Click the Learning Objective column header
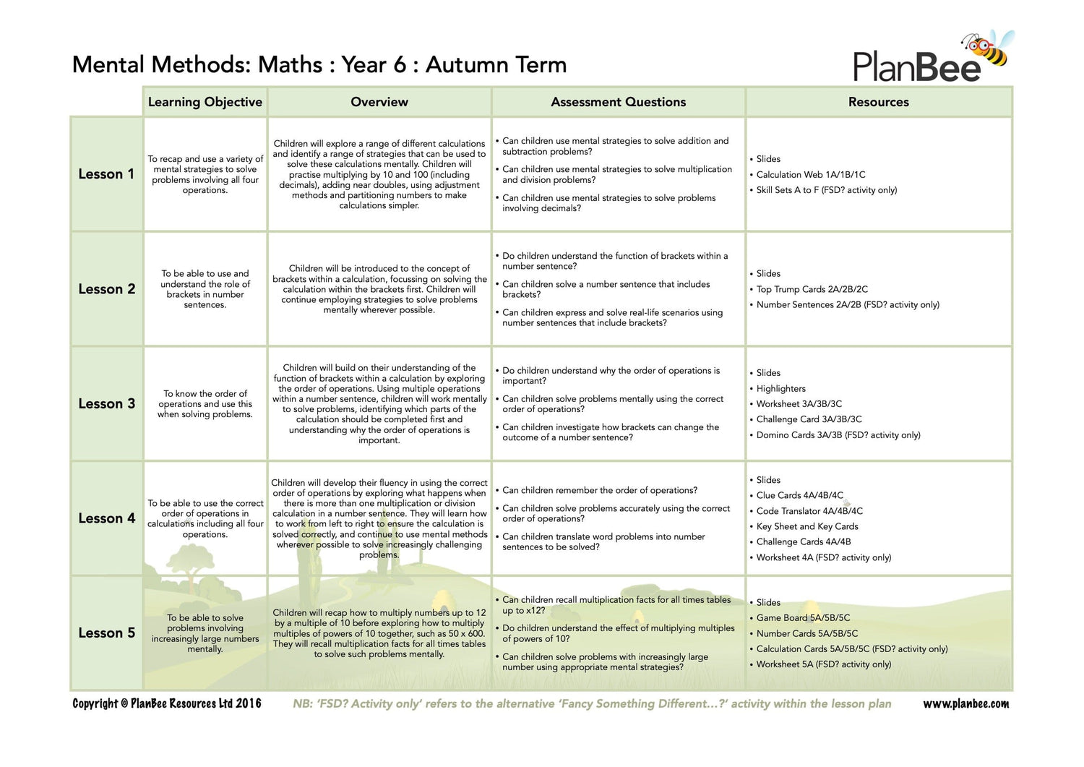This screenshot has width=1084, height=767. [205, 102]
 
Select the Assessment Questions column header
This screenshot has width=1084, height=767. [618, 102]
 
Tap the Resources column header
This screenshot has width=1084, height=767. [878, 102]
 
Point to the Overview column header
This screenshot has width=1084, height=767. [379, 102]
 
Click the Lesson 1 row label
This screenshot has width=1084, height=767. [106, 174]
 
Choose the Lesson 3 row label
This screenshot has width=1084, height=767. [106, 403]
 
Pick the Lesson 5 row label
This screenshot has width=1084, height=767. [106, 633]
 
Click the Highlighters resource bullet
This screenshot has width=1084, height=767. [780, 388]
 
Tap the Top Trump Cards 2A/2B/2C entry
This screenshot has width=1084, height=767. [812, 289]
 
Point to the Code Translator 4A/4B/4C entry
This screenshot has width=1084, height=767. [809, 510]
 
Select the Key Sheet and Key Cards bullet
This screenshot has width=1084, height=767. [807, 526]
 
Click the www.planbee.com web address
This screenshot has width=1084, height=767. [965, 703]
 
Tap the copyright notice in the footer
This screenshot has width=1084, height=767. [167, 703]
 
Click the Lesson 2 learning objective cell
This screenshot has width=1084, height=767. [205, 289]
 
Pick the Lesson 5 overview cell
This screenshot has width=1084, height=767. [379, 633]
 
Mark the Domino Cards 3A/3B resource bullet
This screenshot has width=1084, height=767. [838, 434]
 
